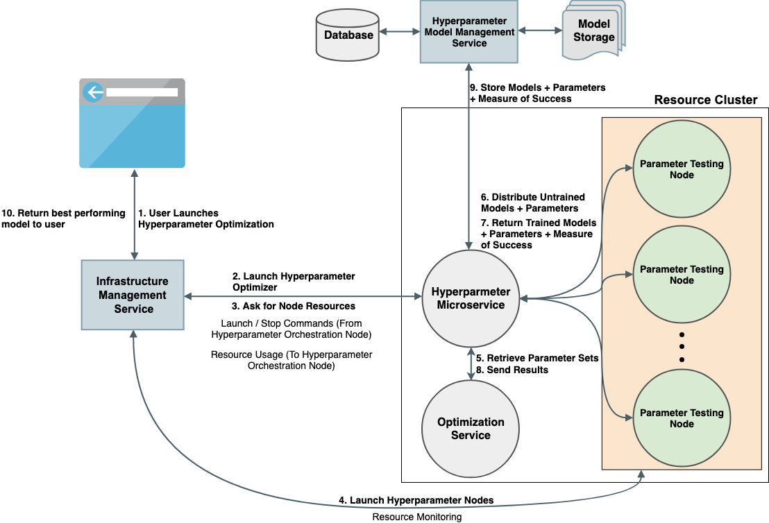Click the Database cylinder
348,35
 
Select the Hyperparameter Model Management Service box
469,32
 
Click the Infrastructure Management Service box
133,295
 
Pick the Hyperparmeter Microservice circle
471,298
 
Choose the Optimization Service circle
471,428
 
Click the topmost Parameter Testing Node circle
682,170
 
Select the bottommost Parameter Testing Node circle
682,418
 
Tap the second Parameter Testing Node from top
682,275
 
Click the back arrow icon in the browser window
93,92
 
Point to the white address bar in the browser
142,92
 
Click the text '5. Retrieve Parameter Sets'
537,358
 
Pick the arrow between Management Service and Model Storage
540,31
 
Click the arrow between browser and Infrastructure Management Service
134,214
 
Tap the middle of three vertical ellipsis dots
682,346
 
